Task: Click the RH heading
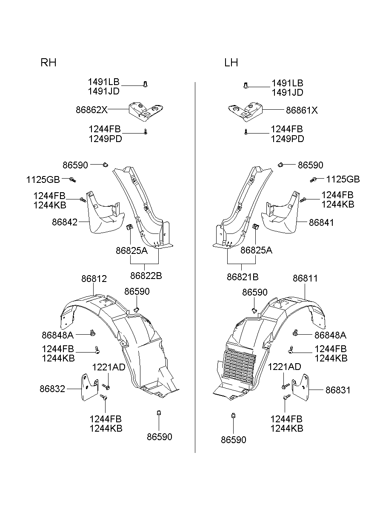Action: [x=49, y=63]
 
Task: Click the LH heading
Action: [x=231, y=63]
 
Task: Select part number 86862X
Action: [x=91, y=110]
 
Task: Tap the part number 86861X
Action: [x=302, y=110]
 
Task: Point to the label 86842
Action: [x=65, y=222]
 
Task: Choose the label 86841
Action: [x=321, y=222]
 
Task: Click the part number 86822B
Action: [x=146, y=276]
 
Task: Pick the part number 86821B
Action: [x=243, y=276]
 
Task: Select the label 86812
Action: [x=94, y=279]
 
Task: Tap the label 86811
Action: [x=305, y=279]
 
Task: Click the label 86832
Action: [x=52, y=389]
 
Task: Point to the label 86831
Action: [x=338, y=390]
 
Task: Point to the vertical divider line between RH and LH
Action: [x=195, y=268]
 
